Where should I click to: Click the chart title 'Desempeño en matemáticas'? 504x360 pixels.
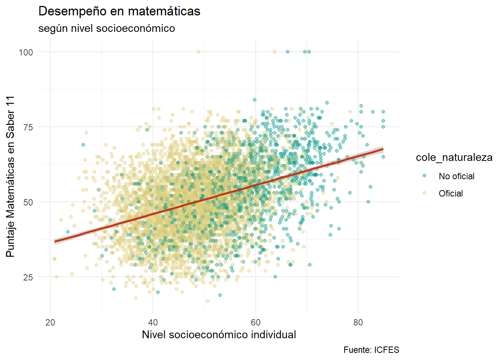119,12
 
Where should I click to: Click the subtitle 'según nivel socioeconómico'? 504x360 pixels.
106,28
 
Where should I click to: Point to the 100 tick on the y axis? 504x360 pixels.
26,52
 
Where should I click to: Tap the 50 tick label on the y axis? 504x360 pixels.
28,202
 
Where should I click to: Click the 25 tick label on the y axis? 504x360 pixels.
28,277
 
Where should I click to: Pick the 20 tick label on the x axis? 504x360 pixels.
50,322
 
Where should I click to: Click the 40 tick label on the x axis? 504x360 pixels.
153,322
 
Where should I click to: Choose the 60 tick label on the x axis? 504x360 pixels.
255,322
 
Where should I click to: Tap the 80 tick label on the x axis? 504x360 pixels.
358,322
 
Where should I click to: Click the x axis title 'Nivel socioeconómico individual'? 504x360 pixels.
219,334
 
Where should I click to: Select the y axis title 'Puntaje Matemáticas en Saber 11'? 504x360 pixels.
10,176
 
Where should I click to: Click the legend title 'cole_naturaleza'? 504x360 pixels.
454,157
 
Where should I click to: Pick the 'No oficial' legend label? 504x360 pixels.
456,176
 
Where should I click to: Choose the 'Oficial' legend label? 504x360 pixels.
451,193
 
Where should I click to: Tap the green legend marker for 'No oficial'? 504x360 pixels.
424,176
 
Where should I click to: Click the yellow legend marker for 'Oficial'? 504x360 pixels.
424,193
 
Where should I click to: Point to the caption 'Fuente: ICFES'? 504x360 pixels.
371,350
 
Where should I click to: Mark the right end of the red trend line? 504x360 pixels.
383,149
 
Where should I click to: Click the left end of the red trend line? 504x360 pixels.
55,241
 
